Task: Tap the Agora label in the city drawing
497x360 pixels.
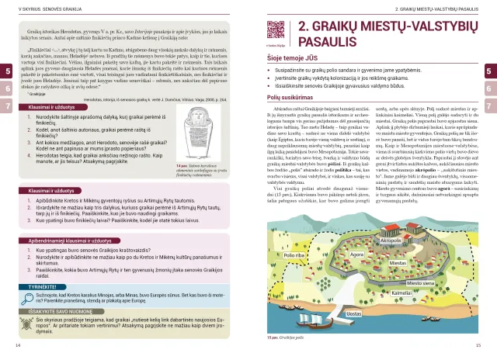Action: [x=358, y=254]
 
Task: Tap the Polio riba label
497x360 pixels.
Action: [x=294, y=254]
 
